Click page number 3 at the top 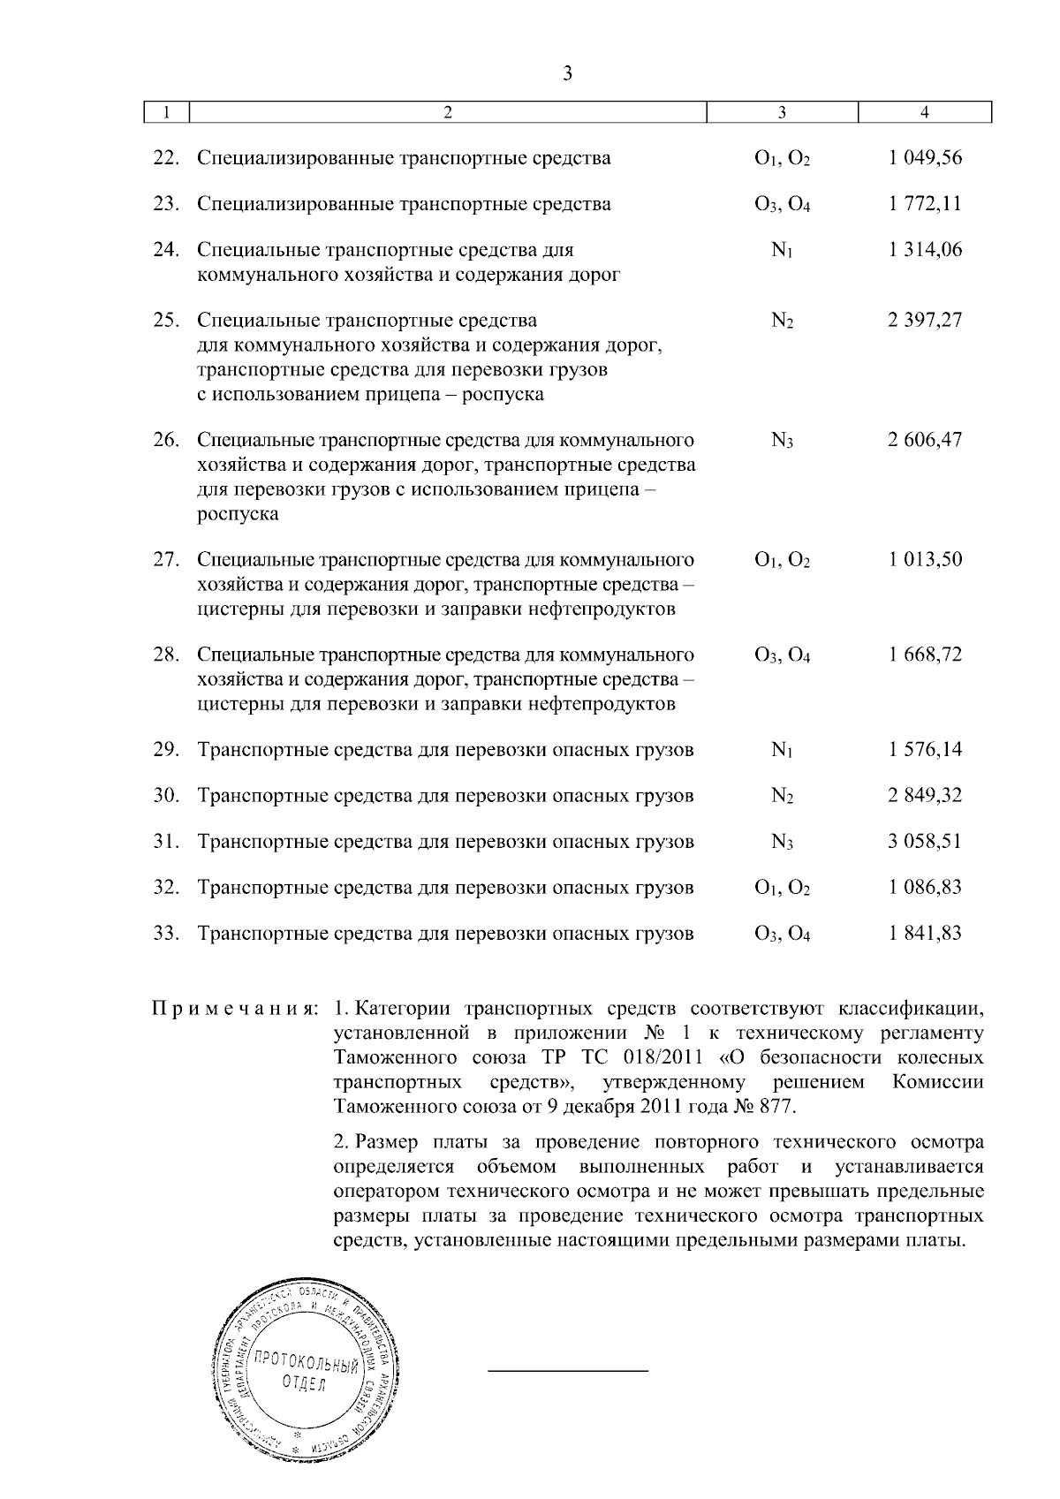[x=567, y=73]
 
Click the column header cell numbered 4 [x=924, y=112]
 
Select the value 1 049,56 [x=925, y=158]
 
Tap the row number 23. [x=166, y=204]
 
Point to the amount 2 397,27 [x=925, y=320]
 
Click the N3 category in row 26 [x=782, y=441]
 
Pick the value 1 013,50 [x=925, y=560]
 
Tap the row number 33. [x=166, y=934]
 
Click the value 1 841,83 [x=925, y=934]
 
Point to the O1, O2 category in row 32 [x=782, y=889]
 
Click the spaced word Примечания [x=235, y=1008]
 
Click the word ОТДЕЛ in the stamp [x=303, y=1384]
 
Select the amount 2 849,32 [x=925, y=796]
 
